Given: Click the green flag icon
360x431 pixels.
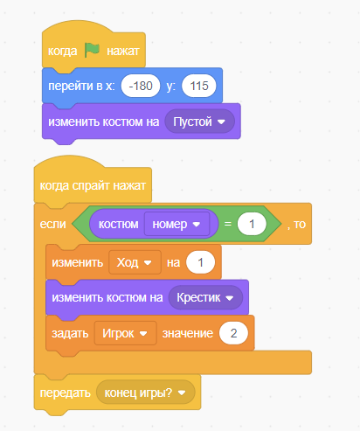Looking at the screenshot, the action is pyautogui.click(x=92, y=50).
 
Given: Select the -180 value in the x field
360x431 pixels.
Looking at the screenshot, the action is pyautogui.click(x=141, y=86).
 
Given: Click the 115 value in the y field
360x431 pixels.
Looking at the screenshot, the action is pyautogui.click(x=199, y=86).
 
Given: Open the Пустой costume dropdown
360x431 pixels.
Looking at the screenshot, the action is pyautogui.click(x=199, y=122).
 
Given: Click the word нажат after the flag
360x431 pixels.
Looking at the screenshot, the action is pyautogui.click(x=123, y=51).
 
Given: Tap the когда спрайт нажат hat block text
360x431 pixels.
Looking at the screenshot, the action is pyautogui.click(x=93, y=185).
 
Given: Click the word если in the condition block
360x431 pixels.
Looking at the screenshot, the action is pyautogui.click(x=52, y=224).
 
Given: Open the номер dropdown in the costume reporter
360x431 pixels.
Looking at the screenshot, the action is pyautogui.click(x=177, y=224).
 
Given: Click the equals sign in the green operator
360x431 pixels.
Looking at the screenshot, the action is pyautogui.click(x=228, y=224).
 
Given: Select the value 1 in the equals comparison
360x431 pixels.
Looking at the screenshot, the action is pyautogui.click(x=252, y=224).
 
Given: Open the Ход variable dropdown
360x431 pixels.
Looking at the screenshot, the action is pyautogui.click(x=135, y=262).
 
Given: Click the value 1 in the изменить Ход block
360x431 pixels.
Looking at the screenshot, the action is pyautogui.click(x=200, y=262).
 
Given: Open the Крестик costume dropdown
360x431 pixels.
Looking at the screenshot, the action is pyautogui.click(x=205, y=297).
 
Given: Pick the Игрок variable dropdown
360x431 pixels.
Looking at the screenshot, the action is pyautogui.click(x=125, y=333).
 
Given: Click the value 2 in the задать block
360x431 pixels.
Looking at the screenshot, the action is pyautogui.click(x=233, y=333).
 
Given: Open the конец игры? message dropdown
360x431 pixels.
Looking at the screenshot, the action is pyautogui.click(x=145, y=393).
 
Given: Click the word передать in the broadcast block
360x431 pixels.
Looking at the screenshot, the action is pyautogui.click(x=66, y=393).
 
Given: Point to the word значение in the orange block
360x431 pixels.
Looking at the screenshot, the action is pyautogui.click(x=188, y=334).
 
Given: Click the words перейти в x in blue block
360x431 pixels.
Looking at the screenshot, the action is pyautogui.click(x=81, y=87).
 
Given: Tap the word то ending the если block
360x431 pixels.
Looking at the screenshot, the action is pyautogui.click(x=300, y=225).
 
